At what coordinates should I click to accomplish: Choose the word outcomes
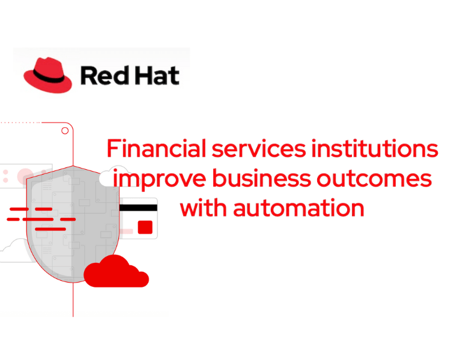tap(378, 179)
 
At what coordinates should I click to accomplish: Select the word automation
tap(298, 208)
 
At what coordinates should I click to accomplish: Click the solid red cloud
tap(115, 272)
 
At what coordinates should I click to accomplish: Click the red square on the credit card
tap(145, 227)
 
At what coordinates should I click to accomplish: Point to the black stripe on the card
tap(138, 208)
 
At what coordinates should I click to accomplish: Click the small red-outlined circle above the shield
tap(64, 130)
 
